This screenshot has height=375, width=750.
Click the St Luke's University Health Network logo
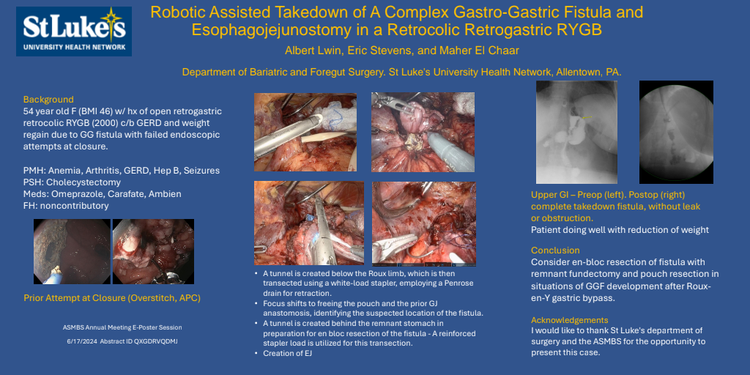coord(74,31)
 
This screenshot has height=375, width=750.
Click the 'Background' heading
coord(48,100)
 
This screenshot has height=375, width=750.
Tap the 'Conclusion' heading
coord(555,250)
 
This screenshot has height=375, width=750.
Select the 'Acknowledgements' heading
coord(570,320)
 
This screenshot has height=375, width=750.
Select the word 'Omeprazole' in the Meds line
coord(73,194)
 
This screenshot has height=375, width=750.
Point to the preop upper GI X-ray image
coord(576,132)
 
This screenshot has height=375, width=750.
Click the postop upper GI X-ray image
coord(676,132)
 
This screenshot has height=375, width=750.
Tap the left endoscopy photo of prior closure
coord(72,252)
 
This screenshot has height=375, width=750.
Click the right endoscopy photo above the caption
coord(153,252)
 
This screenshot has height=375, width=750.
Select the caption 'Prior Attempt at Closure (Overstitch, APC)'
coord(112,298)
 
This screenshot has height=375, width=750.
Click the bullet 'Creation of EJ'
coord(287,354)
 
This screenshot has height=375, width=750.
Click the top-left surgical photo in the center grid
coord(305,132)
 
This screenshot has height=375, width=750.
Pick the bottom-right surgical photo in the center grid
coord(424,224)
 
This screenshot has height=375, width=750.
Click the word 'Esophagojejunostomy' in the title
coord(272,29)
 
